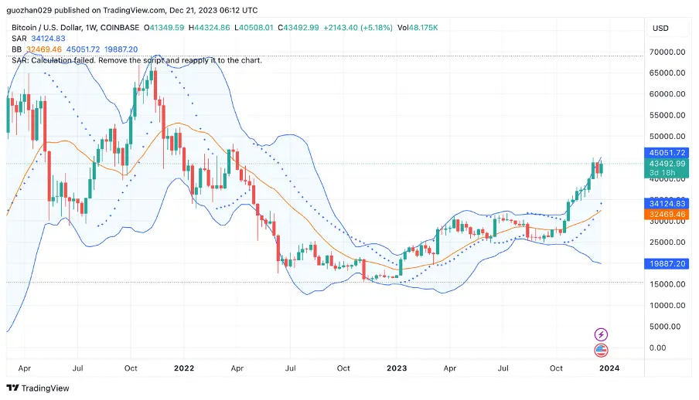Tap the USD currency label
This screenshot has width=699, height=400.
click(x=660, y=29)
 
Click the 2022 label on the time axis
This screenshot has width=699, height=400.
click(x=183, y=368)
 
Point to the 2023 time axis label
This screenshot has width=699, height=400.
click(x=396, y=368)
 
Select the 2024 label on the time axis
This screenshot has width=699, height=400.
click(x=609, y=368)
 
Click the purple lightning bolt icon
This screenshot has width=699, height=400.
click(x=601, y=334)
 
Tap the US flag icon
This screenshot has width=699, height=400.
click(x=601, y=351)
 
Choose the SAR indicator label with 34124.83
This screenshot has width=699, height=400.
click(x=39, y=39)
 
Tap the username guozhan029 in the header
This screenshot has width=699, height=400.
click(x=36, y=11)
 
